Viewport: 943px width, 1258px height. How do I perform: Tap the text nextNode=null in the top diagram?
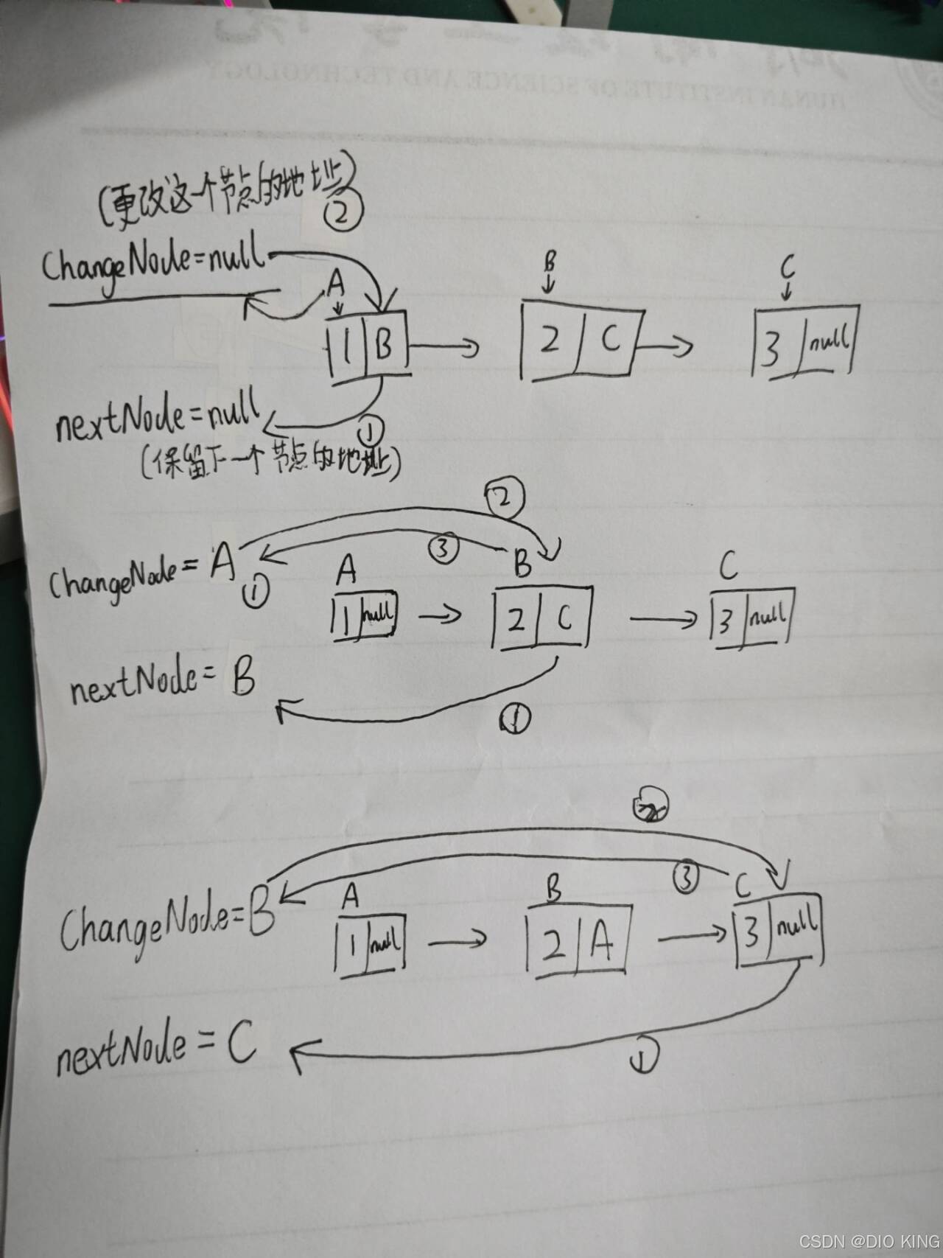coord(158,417)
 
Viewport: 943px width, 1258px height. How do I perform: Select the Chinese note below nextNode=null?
coord(270,462)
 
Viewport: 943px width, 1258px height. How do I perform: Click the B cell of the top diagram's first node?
coord(384,344)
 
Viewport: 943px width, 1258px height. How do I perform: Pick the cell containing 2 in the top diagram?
coord(549,340)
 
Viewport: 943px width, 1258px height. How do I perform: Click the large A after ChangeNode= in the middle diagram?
coord(222,563)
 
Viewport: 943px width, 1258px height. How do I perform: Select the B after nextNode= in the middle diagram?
coord(242,679)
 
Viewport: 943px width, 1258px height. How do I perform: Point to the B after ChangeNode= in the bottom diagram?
coord(262,916)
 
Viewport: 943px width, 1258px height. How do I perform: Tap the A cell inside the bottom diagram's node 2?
coord(602,943)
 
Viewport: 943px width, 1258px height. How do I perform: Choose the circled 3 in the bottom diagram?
coord(686,878)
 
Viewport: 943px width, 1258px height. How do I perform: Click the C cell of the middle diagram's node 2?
coord(564,618)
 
